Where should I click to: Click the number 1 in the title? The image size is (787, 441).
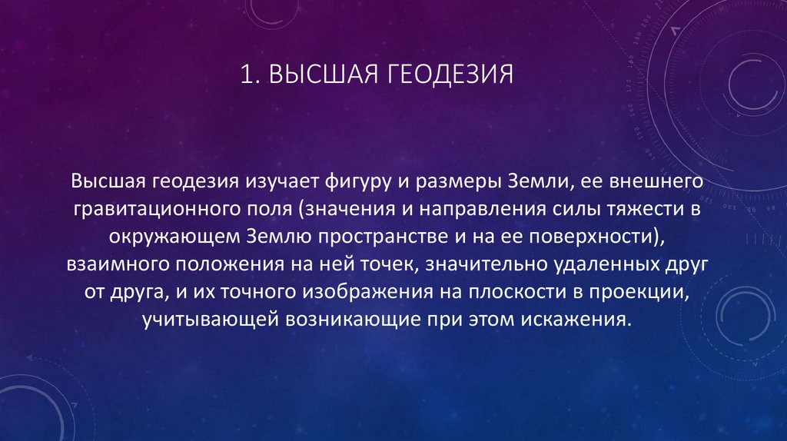point(244,76)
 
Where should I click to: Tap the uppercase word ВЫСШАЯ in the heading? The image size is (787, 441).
point(319,76)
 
